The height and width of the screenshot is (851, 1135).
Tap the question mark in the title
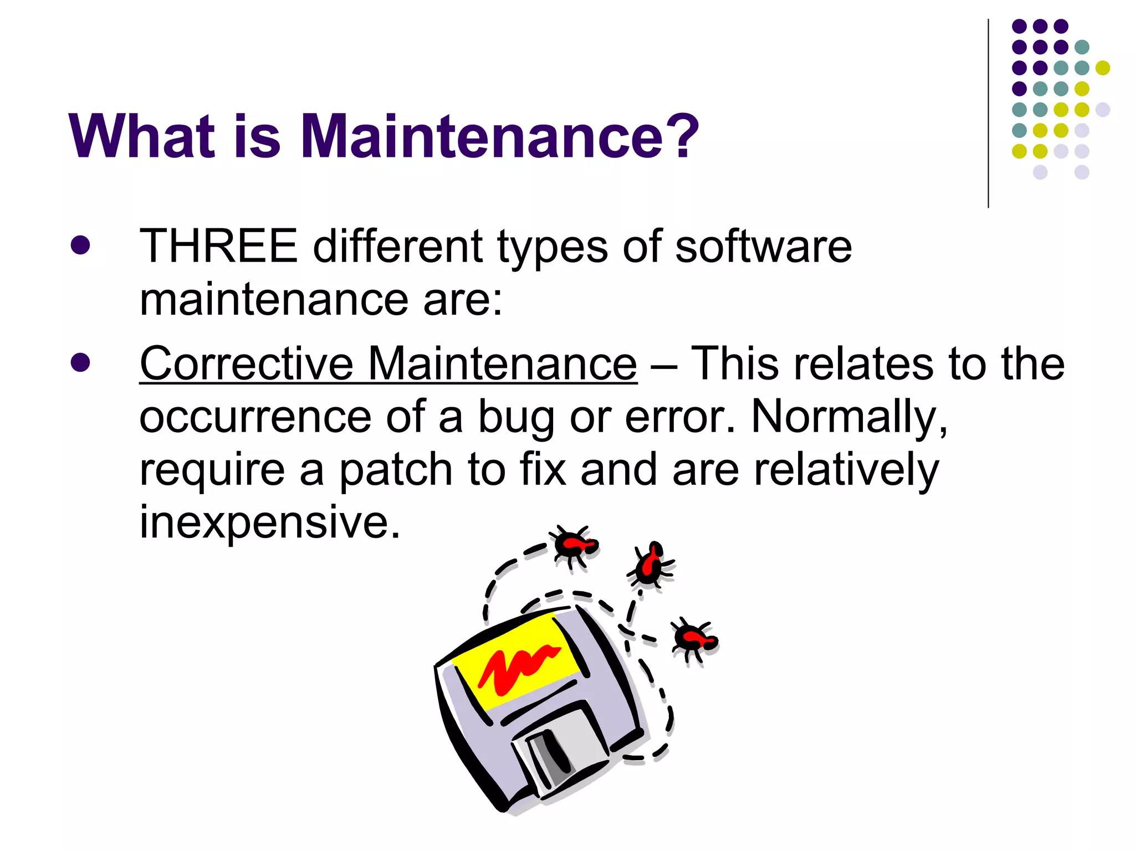click(679, 135)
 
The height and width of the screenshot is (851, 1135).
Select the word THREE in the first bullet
click(218, 247)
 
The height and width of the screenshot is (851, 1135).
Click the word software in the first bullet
click(763, 247)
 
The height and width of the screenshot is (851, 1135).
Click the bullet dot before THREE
click(80, 245)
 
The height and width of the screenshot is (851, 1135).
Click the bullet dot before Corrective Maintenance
click(80, 363)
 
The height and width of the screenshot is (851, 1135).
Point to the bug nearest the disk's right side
click(694, 640)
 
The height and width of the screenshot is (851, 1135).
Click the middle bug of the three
click(650, 565)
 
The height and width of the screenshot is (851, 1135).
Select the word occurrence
click(255, 417)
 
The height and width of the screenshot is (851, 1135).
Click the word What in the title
click(142, 136)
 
